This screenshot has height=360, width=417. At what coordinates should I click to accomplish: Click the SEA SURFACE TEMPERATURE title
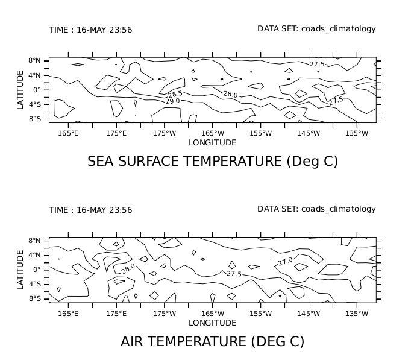213,162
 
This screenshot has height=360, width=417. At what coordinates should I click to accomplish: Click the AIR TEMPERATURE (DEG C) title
212,342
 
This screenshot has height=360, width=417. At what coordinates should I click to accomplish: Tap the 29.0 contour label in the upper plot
172,101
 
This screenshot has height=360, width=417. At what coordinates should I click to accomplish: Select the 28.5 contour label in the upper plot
175,94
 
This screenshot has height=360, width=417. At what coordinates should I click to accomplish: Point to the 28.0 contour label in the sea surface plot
230,95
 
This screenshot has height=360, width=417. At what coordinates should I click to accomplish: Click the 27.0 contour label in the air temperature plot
285,261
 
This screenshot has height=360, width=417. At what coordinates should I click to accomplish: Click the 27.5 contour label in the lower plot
234,274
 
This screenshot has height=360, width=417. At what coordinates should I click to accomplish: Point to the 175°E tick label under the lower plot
116,314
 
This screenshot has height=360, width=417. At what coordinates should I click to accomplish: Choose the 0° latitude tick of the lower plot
37,270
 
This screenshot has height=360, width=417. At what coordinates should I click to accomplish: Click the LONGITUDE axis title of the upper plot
212,143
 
